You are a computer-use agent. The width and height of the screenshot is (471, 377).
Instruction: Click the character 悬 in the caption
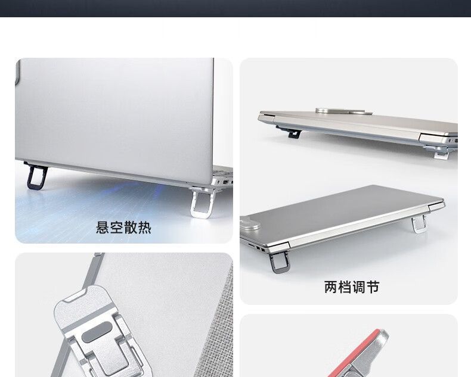[x=103, y=228]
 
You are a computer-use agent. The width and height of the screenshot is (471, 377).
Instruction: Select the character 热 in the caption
[x=144, y=228]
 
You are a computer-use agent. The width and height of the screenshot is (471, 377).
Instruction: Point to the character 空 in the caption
[x=116, y=228]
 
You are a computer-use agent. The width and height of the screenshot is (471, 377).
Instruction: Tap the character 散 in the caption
[x=131, y=228]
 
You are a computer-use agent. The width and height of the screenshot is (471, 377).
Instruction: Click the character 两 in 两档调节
[x=331, y=287]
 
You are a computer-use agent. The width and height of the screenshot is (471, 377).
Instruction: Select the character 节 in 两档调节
[x=373, y=287]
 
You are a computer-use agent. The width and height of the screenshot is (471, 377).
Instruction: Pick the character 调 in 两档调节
[x=359, y=287]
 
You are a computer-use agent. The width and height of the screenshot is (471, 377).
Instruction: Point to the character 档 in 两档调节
[x=345, y=287]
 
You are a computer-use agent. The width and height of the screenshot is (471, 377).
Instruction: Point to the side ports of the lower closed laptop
[x=257, y=248]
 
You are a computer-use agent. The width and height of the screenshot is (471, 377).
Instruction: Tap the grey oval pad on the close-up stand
[x=97, y=332]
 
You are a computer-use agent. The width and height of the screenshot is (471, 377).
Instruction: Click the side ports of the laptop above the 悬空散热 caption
[x=226, y=181]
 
